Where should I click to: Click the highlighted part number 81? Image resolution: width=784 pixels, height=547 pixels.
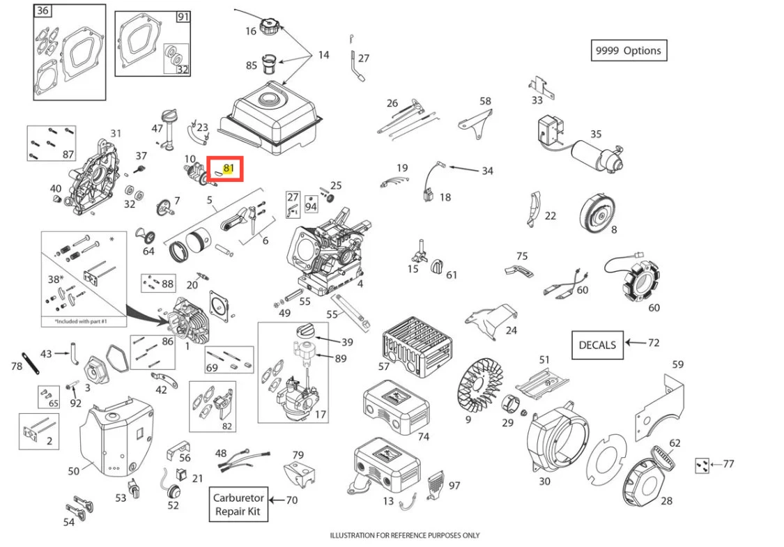tap(230, 167)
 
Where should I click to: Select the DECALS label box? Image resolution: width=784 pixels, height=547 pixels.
tap(597, 344)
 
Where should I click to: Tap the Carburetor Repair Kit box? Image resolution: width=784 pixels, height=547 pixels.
tap(238, 504)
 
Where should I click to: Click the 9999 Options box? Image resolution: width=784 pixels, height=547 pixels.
tap(628, 50)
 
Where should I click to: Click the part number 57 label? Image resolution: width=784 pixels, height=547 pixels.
tap(383, 366)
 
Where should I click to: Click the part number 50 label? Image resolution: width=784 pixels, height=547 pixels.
tap(74, 471)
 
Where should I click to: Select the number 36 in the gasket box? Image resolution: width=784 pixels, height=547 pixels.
tap(43, 10)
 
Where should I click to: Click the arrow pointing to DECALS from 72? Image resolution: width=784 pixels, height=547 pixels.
tap(635, 343)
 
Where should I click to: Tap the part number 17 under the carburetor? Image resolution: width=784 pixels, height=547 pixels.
tap(321, 415)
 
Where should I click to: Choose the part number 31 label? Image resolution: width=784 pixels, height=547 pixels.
tap(116, 133)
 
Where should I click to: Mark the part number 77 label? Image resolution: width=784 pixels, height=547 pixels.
tap(728, 463)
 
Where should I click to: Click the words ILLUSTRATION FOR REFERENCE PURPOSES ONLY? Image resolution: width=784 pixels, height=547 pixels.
tap(404, 535)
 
